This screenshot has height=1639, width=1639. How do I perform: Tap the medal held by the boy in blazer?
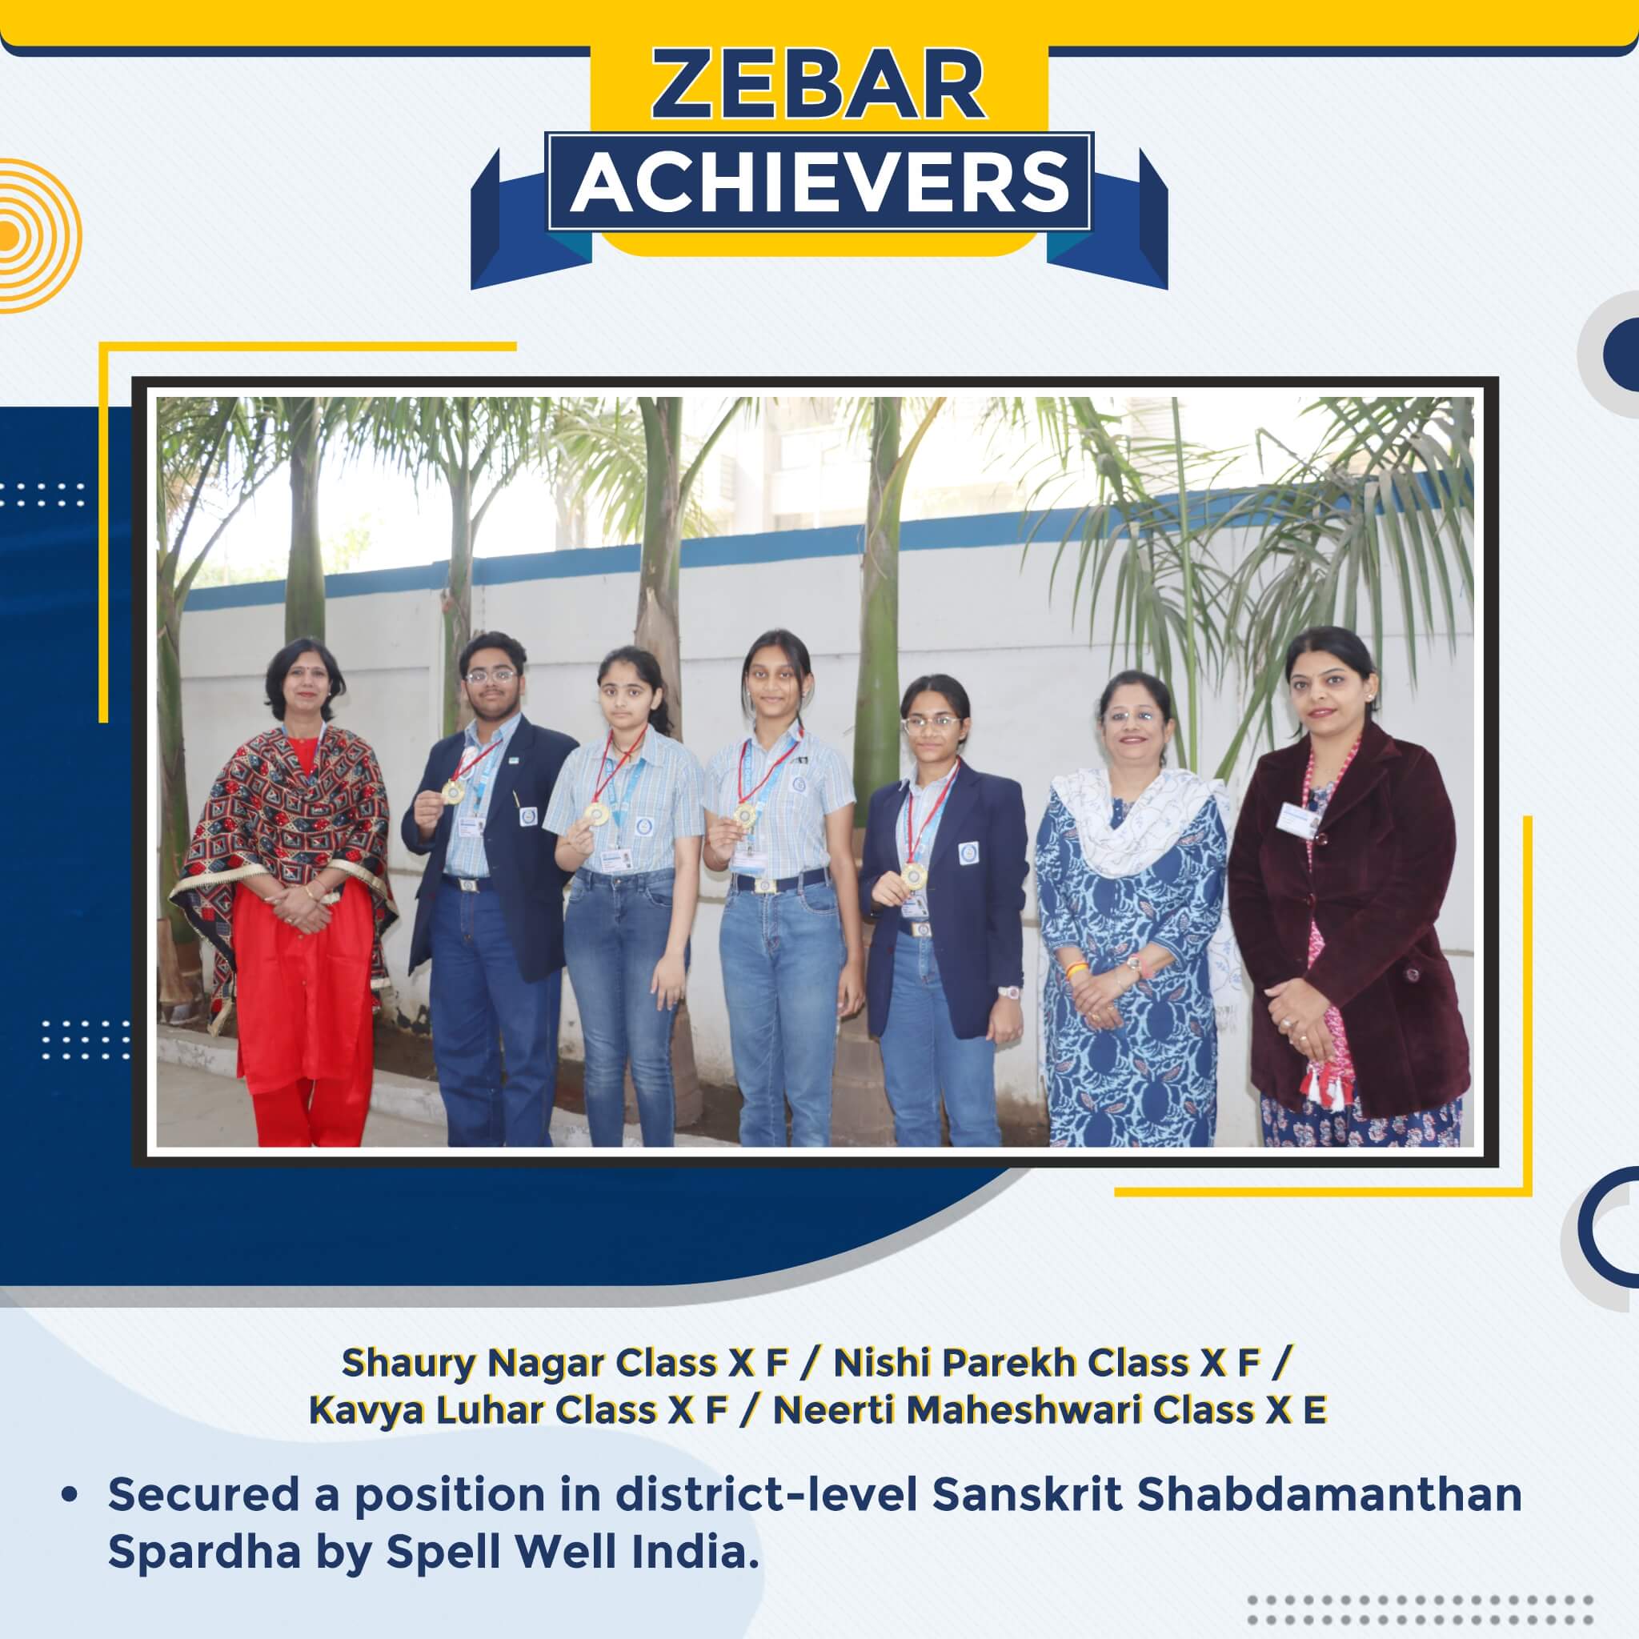tap(454, 791)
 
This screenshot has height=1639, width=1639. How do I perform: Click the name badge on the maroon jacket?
tap(1297, 815)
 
